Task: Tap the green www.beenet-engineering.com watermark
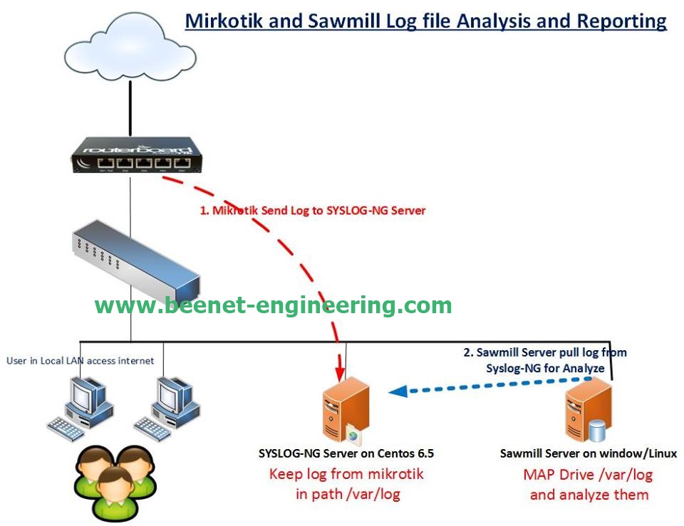273,305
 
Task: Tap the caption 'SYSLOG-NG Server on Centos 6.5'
346,453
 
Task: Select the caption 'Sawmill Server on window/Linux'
589,453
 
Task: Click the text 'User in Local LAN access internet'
81,361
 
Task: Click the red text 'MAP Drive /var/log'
589,475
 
